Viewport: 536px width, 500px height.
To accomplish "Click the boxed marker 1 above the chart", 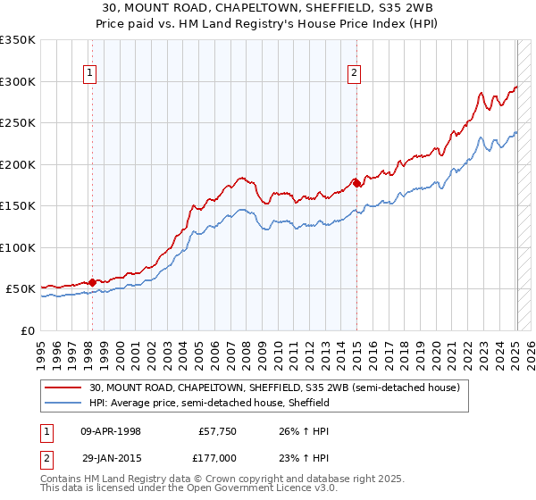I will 91,74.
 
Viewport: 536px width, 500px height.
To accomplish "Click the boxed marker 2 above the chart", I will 355,74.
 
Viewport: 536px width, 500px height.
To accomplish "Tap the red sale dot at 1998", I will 92,282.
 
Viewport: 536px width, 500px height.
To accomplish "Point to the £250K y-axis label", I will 18,123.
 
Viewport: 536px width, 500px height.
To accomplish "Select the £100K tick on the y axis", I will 18,247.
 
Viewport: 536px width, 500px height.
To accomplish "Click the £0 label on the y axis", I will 27,330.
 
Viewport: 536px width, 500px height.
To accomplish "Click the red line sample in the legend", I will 64,387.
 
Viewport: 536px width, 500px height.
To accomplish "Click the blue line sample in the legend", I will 64,403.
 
